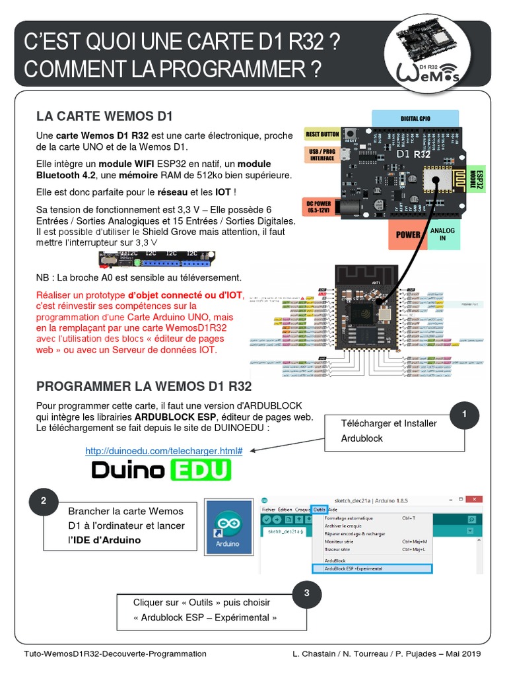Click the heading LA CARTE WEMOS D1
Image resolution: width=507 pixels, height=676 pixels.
(x=104, y=116)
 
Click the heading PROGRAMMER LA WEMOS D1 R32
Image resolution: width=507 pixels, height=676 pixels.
(x=144, y=386)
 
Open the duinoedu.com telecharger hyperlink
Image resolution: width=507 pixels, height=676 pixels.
(x=164, y=451)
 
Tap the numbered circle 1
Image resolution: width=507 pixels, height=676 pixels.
(x=465, y=414)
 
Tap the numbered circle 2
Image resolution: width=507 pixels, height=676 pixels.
(x=44, y=501)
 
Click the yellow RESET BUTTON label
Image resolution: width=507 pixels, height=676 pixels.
(x=322, y=134)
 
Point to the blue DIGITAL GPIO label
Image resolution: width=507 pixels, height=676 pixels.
(x=415, y=118)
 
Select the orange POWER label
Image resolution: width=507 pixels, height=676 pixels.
(x=407, y=234)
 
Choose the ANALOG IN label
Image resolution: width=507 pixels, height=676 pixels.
(x=442, y=234)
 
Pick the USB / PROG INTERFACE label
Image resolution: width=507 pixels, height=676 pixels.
(x=322, y=154)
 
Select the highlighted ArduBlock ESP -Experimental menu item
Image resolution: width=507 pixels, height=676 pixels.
(x=372, y=568)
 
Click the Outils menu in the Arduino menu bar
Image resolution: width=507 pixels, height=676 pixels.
(x=320, y=509)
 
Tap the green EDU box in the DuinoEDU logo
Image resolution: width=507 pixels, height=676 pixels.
(x=201, y=470)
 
